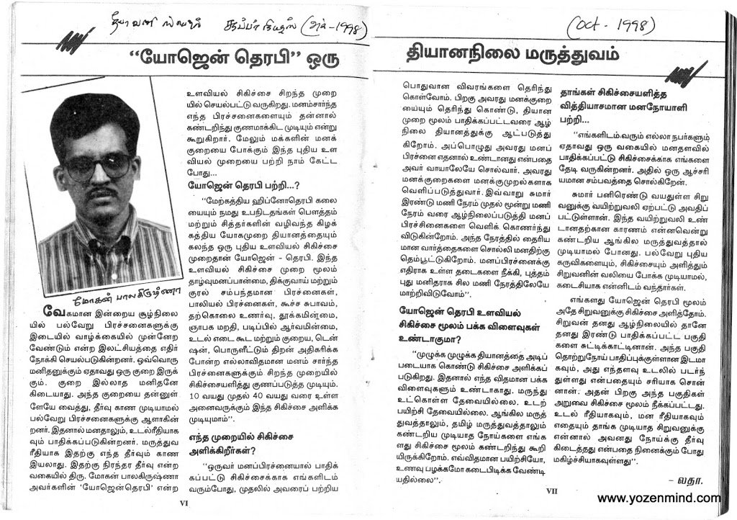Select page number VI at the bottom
click(x=184, y=504)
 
